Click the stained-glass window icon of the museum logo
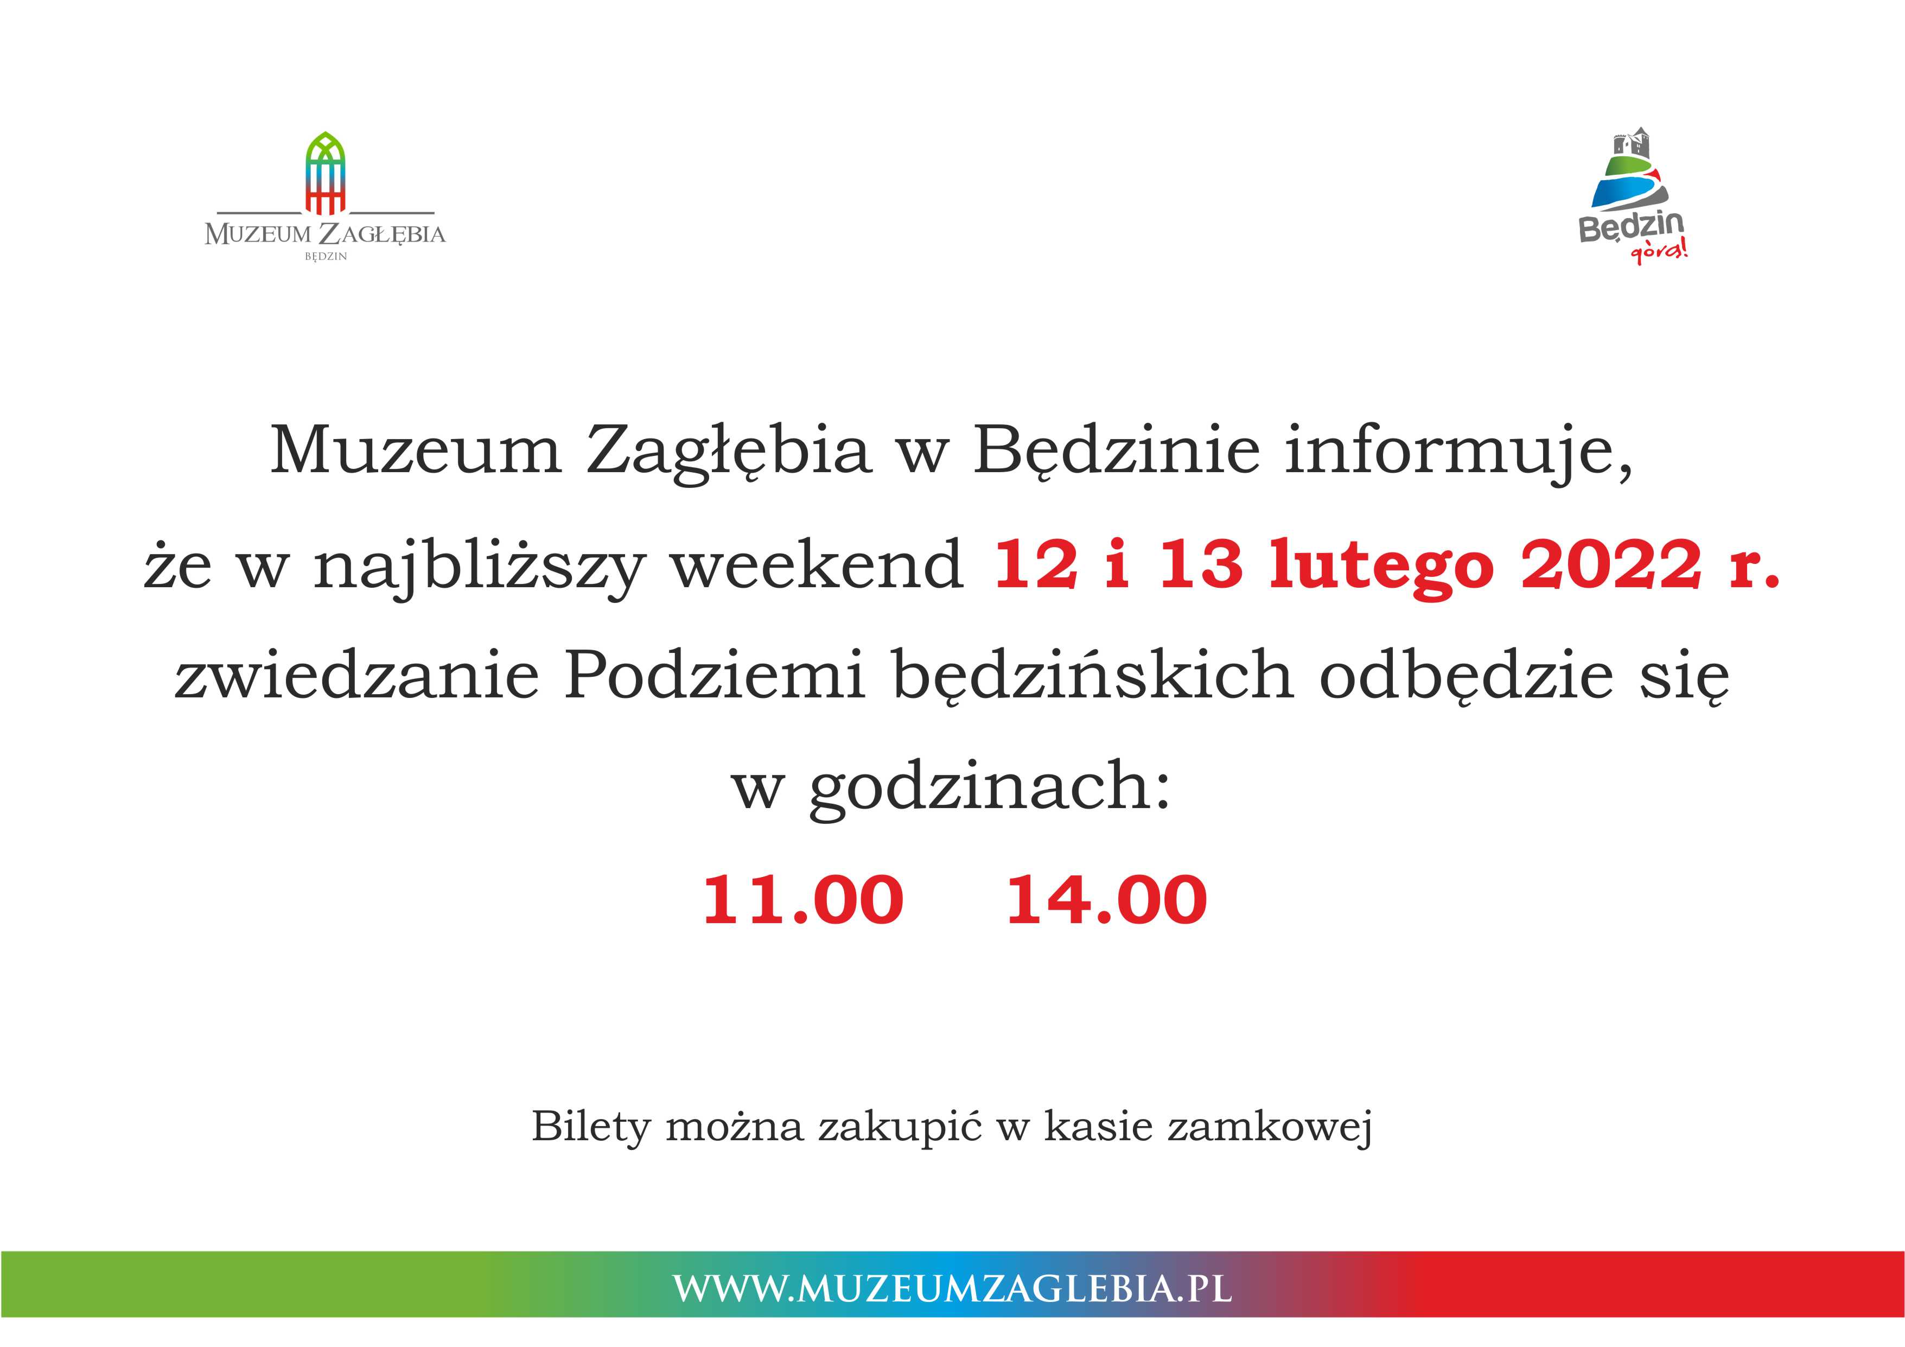click(x=325, y=173)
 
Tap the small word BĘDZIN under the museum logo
click(x=325, y=257)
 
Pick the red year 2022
click(x=1611, y=565)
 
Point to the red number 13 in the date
click(x=1200, y=565)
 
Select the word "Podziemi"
click(x=715, y=675)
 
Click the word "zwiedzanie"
click(x=357, y=675)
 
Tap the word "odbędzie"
click(x=1466, y=675)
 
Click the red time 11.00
click(x=803, y=900)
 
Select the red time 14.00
click(x=1107, y=900)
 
